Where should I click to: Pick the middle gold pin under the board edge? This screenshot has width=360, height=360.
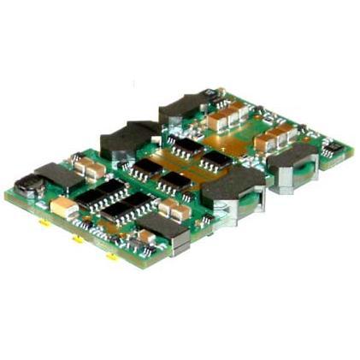77,240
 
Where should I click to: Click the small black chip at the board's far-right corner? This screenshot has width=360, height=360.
333,153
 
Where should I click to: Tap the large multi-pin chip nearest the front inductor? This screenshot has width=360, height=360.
133,210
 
